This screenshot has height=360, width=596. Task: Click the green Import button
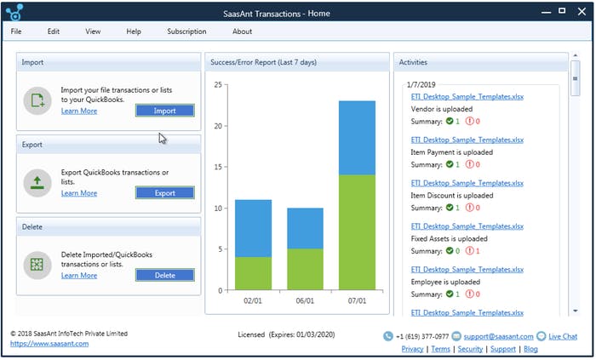(x=164, y=111)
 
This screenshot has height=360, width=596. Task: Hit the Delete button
(x=164, y=275)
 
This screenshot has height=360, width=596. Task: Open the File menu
(x=17, y=31)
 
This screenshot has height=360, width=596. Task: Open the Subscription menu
(x=186, y=31)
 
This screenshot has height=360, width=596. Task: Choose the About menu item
(x=242, y=31)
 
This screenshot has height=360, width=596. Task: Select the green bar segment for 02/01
(x=253, y=273)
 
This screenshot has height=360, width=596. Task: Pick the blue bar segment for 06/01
(x=305, y=228)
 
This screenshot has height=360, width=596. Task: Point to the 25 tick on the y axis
(x=219, y=85)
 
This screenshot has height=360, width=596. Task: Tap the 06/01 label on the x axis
(x=305, y=300)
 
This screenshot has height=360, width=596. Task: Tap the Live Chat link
(x=562, y=337)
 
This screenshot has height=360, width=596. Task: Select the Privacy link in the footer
(x=412, y=349)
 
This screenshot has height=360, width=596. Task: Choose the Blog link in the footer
(x=530, y=349)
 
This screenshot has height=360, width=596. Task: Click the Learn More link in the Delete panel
(x=79, y=275)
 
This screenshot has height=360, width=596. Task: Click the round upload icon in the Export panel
(x=38, y=182)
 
